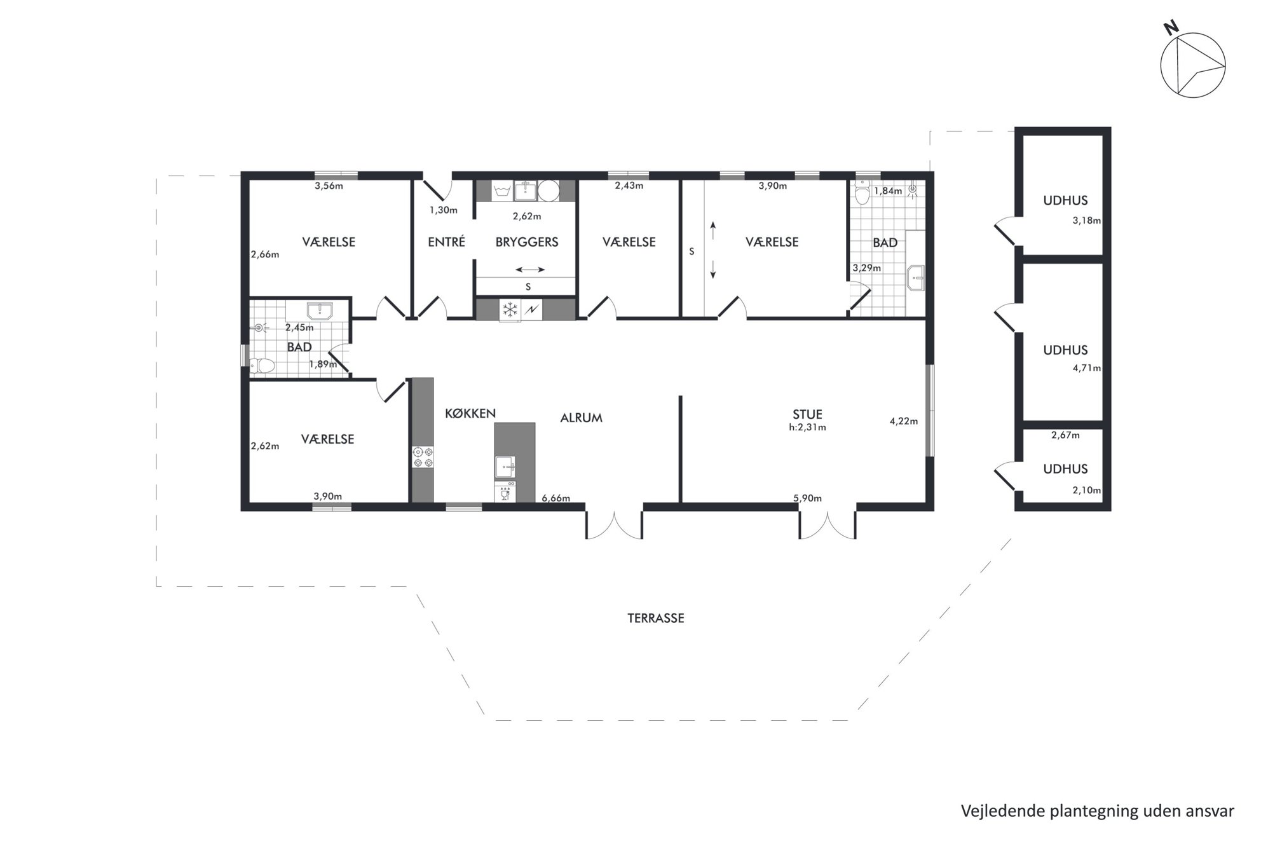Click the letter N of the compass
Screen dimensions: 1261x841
pos(1171,44)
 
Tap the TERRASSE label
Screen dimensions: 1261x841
pos(656,618)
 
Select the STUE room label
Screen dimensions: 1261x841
pos(807,415)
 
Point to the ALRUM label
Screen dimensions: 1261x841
pos(581,418)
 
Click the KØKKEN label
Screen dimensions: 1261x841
pos(470,413)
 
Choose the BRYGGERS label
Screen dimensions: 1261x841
pos(527,242)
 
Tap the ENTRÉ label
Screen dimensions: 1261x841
pos(447,242)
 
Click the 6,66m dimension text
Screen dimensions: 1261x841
pos(556,498)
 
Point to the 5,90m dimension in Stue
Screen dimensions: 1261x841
pos(808,498)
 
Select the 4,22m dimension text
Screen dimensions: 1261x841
pos(904,421)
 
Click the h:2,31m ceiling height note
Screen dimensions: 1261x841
pos(807,428)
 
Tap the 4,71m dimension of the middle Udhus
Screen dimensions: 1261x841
pos(1087,368)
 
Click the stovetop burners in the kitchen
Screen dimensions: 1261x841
pos(423,457)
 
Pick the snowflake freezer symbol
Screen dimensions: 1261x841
pos(510,310)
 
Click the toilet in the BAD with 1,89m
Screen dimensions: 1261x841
pos(262,366)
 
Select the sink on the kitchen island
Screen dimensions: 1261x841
pos(507,466)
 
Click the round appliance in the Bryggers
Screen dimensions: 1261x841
pos(549,190)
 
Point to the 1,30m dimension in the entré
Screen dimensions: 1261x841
pos(444,210)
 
